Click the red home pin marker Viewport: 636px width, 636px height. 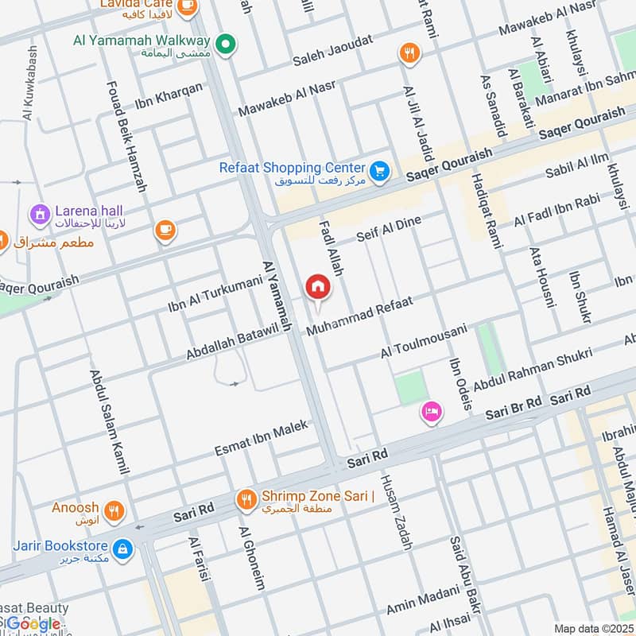point(317,286)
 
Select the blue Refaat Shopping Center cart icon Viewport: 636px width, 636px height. point(379,169)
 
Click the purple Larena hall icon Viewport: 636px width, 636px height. point(38,213)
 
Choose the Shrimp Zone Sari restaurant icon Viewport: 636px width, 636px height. point(246,498)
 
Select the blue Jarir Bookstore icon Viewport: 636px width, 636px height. point(122,548)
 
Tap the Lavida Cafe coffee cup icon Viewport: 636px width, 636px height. point(187,6)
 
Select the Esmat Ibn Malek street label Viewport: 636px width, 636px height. point(261,440)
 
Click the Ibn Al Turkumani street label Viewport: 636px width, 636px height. point(215,294)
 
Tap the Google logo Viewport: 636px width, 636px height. point(33,624)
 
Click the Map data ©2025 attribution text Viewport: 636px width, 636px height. point(592,628)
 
